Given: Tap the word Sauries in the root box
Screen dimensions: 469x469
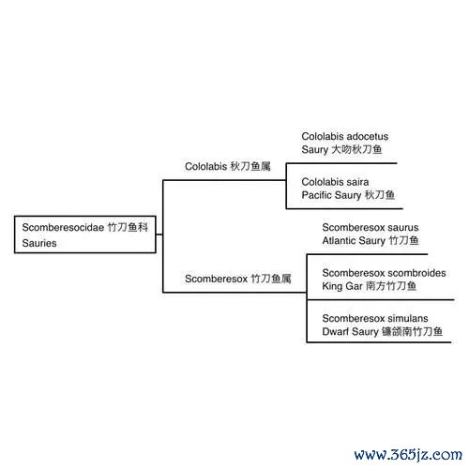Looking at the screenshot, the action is tap(39, 243).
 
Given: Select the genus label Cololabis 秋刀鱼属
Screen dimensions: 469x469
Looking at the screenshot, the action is tap(228, 166).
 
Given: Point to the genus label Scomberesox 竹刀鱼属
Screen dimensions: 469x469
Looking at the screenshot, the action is tap(238, 279).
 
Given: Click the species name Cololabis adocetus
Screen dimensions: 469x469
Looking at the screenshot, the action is tap(345, 136).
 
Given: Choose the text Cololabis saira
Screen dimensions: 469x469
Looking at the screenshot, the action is tap(335, 182).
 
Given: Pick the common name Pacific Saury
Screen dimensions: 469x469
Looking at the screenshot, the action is tap(331, 195).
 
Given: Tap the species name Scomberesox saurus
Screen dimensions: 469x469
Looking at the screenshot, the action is tap(371, 227).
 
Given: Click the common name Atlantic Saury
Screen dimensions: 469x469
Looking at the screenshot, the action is tap(354, 241).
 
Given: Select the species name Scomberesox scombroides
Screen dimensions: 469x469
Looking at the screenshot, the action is tap(384, 273).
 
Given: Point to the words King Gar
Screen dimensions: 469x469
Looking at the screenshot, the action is tap(342, 286).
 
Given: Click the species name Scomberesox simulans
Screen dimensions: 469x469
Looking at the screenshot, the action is tap(375, 318).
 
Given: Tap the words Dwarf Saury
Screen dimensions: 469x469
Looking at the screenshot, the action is tap(350, 332).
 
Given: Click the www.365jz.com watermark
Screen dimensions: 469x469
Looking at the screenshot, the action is tap(408, 455).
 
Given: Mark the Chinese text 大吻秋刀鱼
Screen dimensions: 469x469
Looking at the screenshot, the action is tap(356, 149).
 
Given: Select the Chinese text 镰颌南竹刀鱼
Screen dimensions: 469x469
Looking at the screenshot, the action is tap(412, 331).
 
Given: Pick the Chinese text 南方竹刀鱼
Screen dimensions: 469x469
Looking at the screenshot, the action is tap(391, 286).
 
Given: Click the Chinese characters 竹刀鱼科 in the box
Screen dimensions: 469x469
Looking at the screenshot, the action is tap(128, 227).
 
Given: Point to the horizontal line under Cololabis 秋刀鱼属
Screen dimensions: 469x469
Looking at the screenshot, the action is tap(224, 180).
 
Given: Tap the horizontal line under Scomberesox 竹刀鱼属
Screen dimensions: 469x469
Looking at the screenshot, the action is tap(234, 293).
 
